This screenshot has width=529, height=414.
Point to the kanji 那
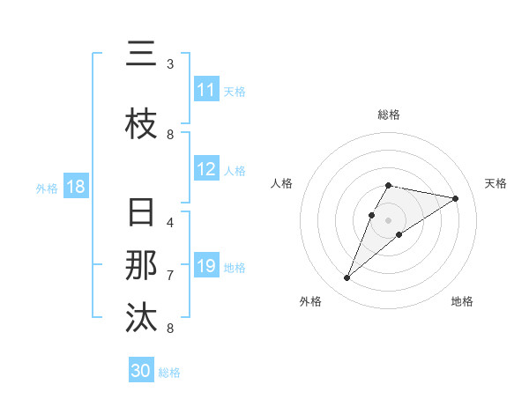[141, 265]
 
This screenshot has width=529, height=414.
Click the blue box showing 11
[205, 90]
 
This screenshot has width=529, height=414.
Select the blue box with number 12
[205, 170]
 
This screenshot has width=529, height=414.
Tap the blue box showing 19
[205, 266]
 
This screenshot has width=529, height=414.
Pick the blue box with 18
[75, 187]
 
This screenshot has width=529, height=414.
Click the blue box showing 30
[141, 371]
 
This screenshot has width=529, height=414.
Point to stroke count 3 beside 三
[170, 64]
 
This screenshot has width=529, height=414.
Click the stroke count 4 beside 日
[170, 222]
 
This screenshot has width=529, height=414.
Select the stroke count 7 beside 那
[170, 275]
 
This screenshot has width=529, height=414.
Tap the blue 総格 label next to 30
[169, 372]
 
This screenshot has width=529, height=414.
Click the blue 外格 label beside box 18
[47, 188]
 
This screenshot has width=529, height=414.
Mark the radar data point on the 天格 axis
[455, 199]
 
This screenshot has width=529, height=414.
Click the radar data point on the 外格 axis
[347, 278]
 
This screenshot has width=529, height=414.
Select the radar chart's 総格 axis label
[388, 115]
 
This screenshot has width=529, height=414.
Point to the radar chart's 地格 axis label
[462, 301]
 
